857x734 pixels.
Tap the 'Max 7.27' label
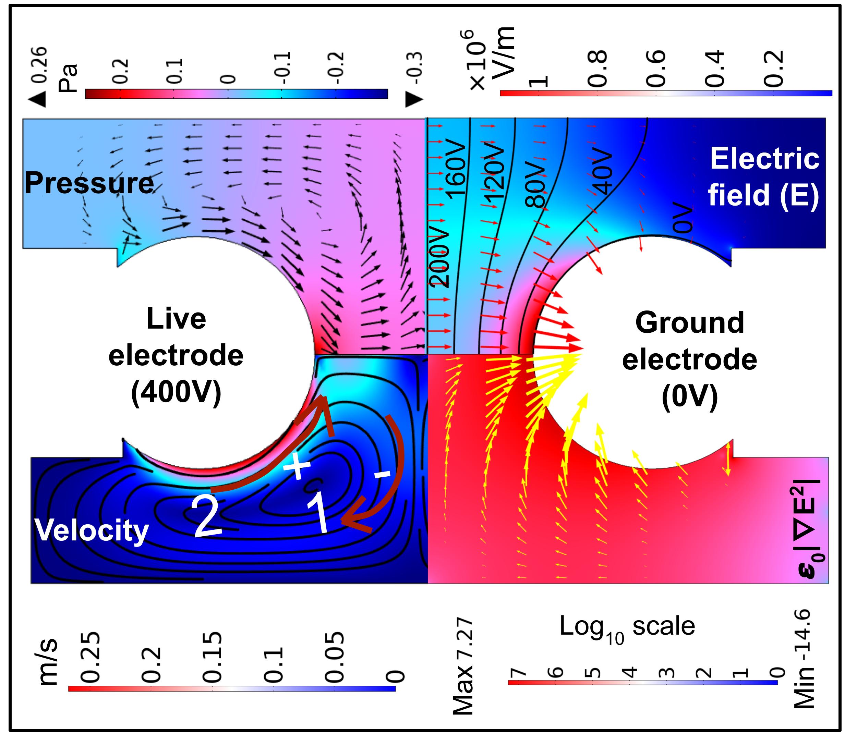click(463, 666)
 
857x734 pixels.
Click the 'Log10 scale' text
click(627, 626)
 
